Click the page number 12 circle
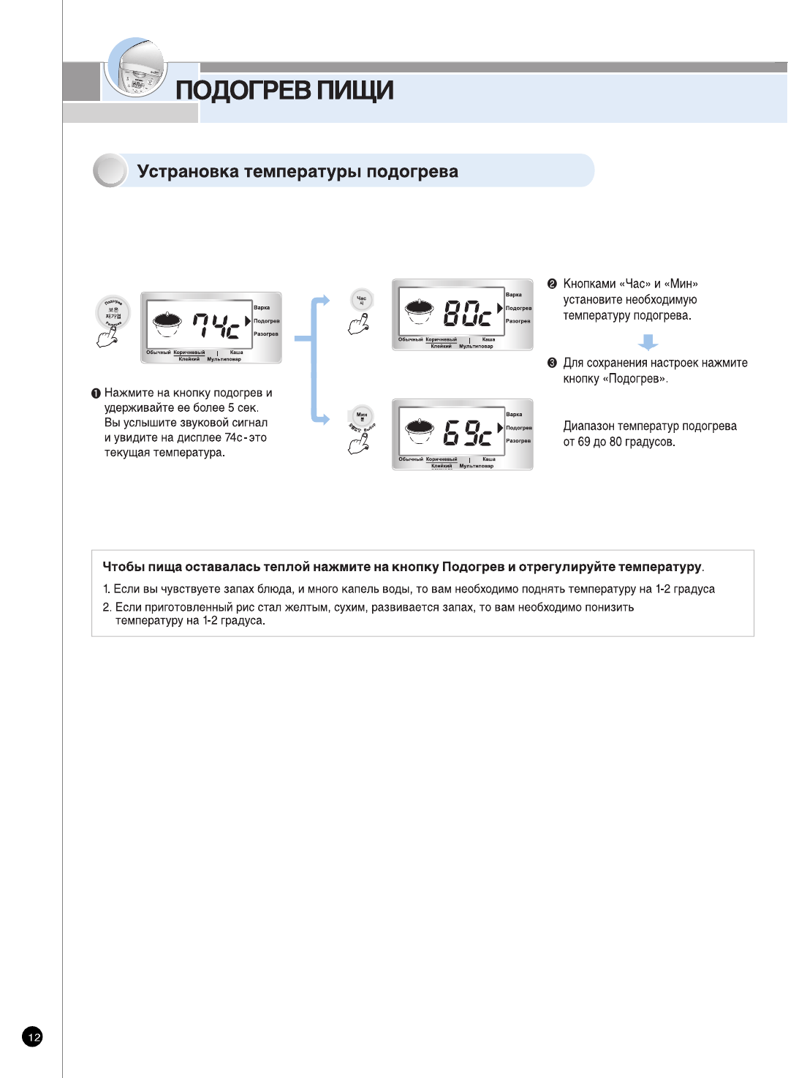pyautogui.click(x=33, y=1036)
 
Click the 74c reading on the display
pyautogui.click(x=216, y=326)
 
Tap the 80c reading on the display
pyautogui.click(x=467, y=313)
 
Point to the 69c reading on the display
pyautogui.click(x=467, y=433)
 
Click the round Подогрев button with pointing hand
pyautogui.click(x=113, y=313)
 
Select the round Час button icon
pyautogui.click(x=361, y=300)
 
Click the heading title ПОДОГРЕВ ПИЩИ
pyautogui.click(x=284, y=91)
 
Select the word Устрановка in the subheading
pyautogui.click(x=188, y=172)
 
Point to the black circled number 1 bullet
pyautogui.click(x=96, y=393)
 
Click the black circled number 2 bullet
pyautogui.click(x=552, y=284)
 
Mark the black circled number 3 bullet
pyautogui.click(x=552, y=363)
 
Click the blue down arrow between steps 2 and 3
pyautogui.click(x=648, y=342)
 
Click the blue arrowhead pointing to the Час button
pyautogui.click(x=324, y=300)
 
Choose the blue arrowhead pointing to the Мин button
pyautogui.click(x=324, y=419)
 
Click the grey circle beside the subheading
pyautogui.click(x=110, y=171)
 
